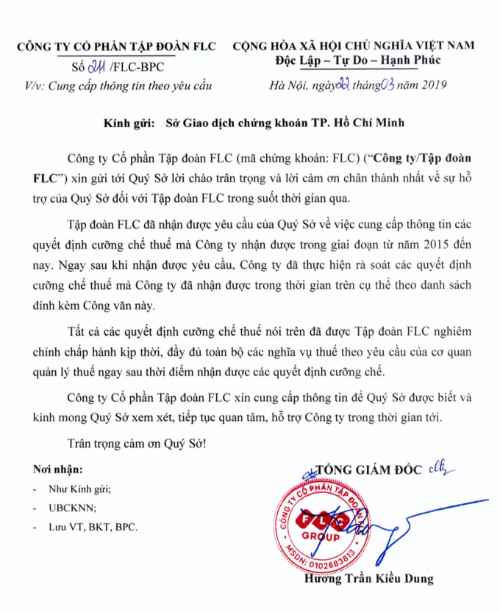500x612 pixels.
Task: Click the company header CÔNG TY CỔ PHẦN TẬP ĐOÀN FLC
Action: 116,46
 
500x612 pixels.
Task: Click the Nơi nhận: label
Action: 58,469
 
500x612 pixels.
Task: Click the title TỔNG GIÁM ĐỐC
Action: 365,467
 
